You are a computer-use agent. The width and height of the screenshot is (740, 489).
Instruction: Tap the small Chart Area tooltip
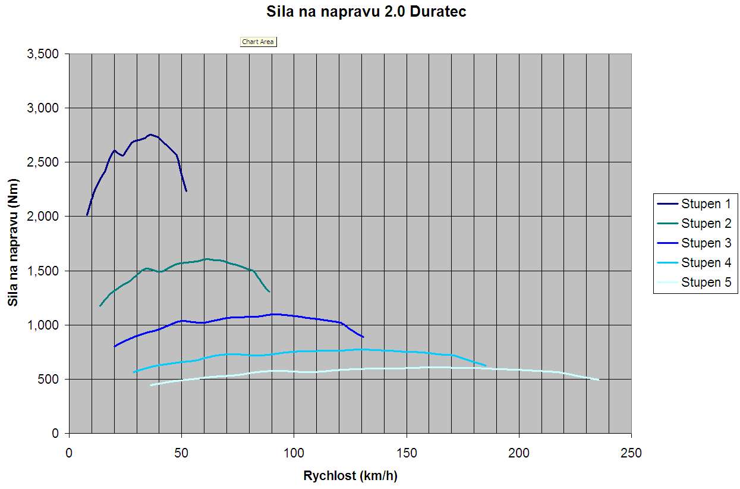258,42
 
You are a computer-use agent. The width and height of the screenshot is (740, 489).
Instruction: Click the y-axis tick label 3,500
43,54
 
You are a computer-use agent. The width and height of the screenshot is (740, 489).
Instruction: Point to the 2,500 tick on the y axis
43,162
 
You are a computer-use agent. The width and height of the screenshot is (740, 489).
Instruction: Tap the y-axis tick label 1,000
43,325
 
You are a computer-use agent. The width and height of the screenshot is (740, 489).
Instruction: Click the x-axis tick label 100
294,453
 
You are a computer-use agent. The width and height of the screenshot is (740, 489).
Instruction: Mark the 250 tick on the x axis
631,453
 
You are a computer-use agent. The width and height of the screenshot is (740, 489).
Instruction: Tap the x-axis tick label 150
407,453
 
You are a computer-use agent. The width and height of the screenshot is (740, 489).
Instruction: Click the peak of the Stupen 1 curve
150,134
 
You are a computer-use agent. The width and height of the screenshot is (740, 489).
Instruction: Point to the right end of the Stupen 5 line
598,380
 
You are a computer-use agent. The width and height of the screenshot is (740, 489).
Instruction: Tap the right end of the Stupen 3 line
363,337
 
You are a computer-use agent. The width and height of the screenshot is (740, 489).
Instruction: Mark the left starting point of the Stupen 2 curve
100,306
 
